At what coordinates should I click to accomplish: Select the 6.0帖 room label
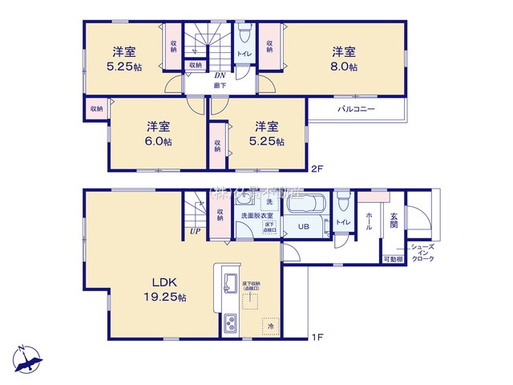coord(158,134)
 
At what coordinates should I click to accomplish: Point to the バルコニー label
coord(356,108)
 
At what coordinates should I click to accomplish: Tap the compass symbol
coord(27,358)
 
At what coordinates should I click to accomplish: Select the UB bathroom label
coord(304,226)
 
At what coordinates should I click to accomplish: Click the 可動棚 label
coord(392,259)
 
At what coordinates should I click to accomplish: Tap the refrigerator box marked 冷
coord(270,326)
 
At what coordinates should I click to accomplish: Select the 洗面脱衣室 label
coord(253,216)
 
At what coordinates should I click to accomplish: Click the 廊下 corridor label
coord(218,84)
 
